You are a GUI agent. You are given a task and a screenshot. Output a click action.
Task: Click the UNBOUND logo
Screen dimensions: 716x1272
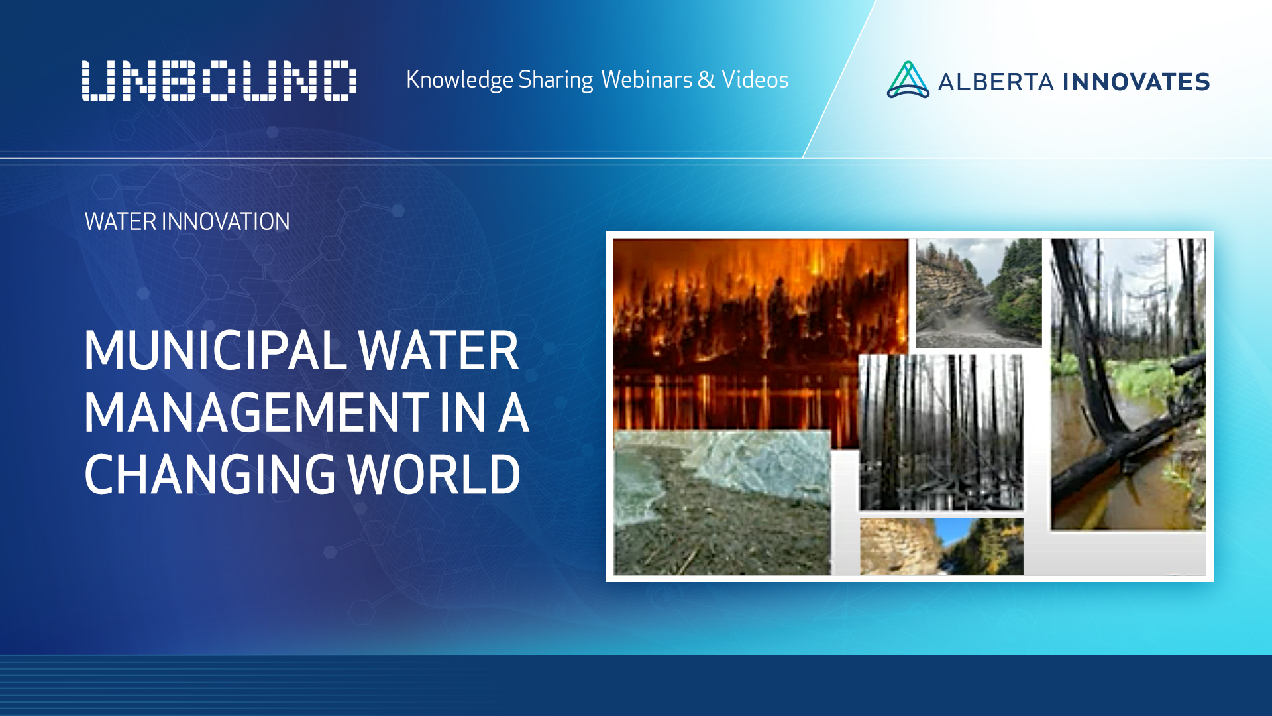219,81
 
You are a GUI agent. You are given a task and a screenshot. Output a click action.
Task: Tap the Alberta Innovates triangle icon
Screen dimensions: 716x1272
908,80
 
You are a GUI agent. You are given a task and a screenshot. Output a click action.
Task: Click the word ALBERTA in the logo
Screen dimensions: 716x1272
995,82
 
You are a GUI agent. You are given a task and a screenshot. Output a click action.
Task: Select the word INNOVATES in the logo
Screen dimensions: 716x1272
1136,82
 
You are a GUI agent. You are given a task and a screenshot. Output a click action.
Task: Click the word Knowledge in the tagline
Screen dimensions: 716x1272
459,80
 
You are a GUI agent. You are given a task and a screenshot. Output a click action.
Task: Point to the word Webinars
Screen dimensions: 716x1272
647,80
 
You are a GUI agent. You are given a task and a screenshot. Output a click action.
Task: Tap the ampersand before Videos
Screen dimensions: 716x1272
706,80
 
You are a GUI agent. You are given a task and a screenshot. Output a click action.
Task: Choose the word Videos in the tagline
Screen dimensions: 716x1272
755,80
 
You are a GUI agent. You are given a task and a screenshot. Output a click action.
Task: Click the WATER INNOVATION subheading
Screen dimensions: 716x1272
187,221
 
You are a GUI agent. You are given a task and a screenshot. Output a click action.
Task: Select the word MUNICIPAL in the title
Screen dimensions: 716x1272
215,351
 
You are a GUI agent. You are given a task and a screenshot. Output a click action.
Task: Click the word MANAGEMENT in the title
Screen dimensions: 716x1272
257,412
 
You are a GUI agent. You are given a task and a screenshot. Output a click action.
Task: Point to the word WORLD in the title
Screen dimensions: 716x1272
434,475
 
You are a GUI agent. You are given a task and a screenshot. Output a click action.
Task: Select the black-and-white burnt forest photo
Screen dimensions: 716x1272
941,432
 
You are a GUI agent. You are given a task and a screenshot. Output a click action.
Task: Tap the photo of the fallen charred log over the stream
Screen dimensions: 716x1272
1128,385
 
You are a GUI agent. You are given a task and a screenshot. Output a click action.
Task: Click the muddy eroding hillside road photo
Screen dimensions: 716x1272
979,292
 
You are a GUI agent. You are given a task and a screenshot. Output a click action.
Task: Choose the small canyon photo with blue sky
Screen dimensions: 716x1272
941,547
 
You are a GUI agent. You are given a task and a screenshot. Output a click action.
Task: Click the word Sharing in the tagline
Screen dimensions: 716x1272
555,80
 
